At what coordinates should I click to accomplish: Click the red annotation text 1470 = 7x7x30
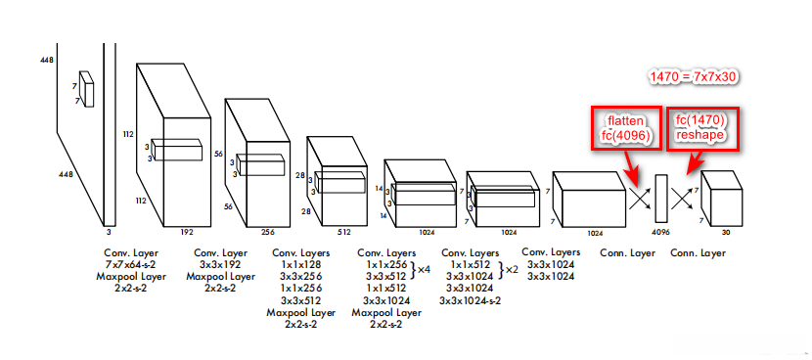(x=694, y=77)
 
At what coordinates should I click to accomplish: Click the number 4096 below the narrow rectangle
(x=661, y=233)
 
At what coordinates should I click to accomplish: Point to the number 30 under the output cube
(x=726, y=233)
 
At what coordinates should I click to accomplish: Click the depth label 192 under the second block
(x=187, y=232)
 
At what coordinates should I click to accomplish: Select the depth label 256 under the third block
(x=267, y=232)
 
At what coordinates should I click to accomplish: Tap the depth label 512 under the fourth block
(x=344, y=232)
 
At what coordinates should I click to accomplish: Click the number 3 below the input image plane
(x=109, y=232)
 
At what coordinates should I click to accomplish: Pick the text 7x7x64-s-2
(x=131, y=265)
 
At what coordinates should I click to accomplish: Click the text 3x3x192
(x=220, y=265)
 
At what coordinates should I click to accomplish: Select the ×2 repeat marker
(x=512, y=269)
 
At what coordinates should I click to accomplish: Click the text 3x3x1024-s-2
(x=470, y=300)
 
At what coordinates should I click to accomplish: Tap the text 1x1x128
(x=301, y=265)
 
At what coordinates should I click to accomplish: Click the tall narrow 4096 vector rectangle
(x=661, y=199)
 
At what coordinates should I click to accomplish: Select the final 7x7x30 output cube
(x=722, y=199)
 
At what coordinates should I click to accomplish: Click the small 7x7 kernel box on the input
(x=86, y=89)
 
